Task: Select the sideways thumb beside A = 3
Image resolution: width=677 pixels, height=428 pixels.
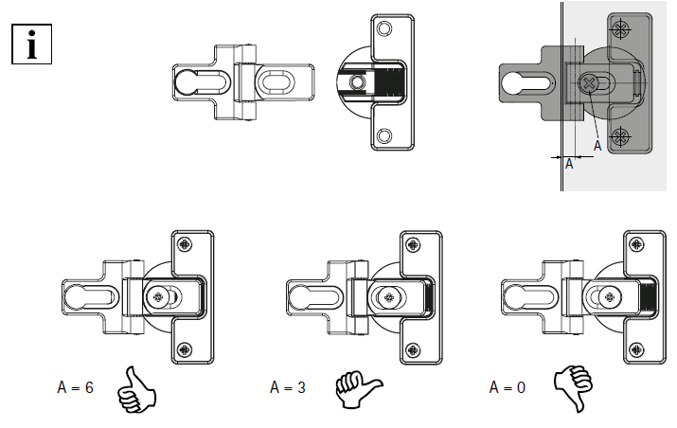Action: tap(357, 388)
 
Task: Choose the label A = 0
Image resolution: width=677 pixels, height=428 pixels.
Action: tap(508, 387)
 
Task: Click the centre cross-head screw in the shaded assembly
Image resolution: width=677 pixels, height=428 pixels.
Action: tap(587, 84)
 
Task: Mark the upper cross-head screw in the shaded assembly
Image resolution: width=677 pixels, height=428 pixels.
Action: tap(620, 31)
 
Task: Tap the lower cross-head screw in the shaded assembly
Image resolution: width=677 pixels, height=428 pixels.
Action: tap(620, 138)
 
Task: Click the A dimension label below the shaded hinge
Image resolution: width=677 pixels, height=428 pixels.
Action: tap(569, 164)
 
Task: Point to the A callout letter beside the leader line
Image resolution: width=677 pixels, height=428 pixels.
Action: tap(597, 145)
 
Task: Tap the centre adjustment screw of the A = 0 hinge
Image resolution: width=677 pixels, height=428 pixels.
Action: tap(612, 296)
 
